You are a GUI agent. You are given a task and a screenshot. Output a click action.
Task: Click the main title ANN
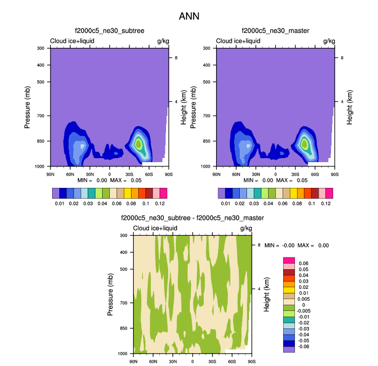[189, 16]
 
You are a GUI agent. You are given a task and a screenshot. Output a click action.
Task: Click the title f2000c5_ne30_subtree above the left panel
[109, 31]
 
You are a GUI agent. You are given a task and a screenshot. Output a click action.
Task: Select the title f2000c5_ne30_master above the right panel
[275, 31]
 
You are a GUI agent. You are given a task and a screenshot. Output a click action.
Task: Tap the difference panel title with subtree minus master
[192, 218]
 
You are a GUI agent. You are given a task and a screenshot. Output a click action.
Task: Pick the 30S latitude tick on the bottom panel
[212, 362]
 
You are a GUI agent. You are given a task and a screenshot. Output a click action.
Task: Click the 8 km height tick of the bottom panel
[259, 245]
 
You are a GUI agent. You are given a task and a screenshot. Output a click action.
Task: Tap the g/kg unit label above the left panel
[163, 41]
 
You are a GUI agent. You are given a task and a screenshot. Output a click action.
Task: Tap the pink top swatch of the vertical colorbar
[288, 260]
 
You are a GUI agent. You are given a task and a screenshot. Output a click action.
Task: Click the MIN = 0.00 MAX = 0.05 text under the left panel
[110, 181]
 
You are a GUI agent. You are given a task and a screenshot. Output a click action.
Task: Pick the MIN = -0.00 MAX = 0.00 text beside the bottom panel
[297, 246]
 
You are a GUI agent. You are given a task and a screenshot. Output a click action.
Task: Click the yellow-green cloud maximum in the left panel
[138, 144]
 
